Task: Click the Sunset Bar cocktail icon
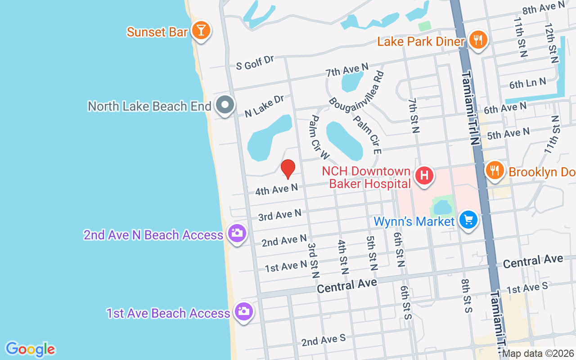pyautogui.click(x=201, y=31)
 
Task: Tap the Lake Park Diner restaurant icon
pyautogui.click(x=478, y=40)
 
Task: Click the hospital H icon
pyautogui.click(x=424, y=175)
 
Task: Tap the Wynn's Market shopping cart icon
pyautogui.click(x=468, y=220)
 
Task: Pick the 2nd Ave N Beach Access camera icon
pyautogui.click(x=237, y=233)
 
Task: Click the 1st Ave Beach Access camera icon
pyautogui.click(x=244, y=311)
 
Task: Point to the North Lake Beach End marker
pyautogui.click(x=225, y=105)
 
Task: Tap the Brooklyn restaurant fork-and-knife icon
pyautogui.click(x=495, y=170)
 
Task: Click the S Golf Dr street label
pyautogui.click(x=255, y=63)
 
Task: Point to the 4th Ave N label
pyautogui.click(x=276, y=189)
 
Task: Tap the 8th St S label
pyautogui.click(x=466, y=295)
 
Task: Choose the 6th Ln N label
pyautogui.click(x=527, y=83)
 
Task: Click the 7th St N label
pyautogui.click(x=414, y=116)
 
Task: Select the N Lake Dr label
pyautogui.click(x=264, y=106)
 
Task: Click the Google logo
pyautogui.click(x=30, y=349)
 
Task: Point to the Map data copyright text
pyautogui.click(x=538, y=353)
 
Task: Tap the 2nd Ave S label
pyautogui.click(x=323, y=340)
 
